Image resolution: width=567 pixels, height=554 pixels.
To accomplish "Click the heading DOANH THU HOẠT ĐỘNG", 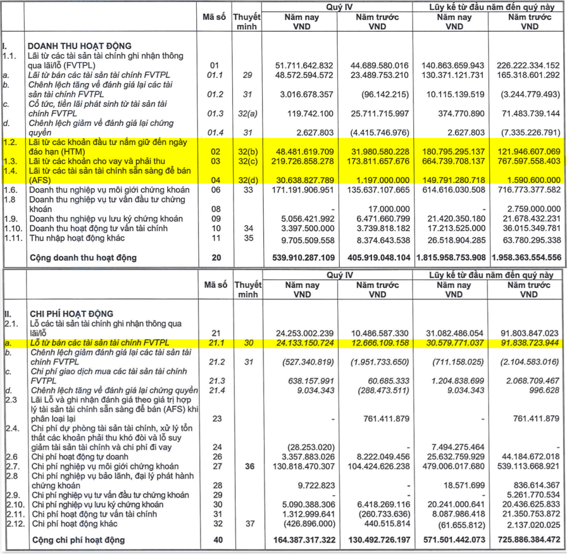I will pos(80,46).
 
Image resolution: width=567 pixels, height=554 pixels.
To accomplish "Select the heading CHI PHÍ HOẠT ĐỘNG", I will pos(73,314).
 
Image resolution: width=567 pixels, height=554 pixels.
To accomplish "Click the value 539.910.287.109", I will pos(304,258).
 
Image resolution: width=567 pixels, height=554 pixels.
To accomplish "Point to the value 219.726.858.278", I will pos(304,161).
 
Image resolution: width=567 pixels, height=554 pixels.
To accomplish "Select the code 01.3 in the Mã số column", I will pos(216,114).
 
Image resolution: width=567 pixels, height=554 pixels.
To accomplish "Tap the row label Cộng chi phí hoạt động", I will pos(78,540).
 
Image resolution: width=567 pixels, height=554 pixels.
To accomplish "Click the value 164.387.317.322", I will pos(304,540).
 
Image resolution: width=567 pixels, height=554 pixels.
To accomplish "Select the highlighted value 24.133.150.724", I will pos(304,343).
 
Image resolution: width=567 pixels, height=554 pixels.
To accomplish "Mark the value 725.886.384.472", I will pos(524,540).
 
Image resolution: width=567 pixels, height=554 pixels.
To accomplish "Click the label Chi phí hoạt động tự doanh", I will pos(80,456).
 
